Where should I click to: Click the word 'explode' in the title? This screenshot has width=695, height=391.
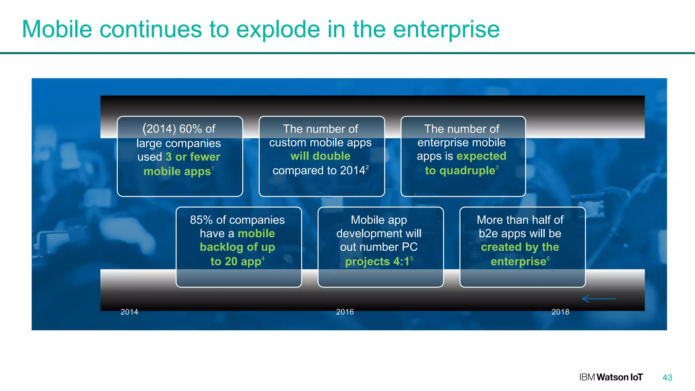tap(278, 30)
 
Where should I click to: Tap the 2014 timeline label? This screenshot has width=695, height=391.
tap(129, 312)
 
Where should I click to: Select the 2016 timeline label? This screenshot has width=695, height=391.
tap(345, 312)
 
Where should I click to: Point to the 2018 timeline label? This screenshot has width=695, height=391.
tap(560, 312)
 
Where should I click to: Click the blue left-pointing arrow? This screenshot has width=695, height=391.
tap(599, 299)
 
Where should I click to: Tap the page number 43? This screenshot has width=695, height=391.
tap(667, 377)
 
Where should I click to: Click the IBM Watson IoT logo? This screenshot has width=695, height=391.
tap(611, 377)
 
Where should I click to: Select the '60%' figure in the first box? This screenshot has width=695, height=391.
tap(190, 129)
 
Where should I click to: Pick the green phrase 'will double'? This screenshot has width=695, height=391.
tap(320, 156)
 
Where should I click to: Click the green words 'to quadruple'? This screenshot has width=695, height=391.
tap(460, 170)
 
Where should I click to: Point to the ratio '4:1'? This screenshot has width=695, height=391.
tap(401, 261)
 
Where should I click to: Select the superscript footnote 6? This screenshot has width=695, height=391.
tap(548, 259)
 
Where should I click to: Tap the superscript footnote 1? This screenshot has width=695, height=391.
tap(213, 168)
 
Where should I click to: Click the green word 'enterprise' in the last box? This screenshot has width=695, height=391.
tap(518, 261)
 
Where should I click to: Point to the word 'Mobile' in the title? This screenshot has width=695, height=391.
tap(57, 30)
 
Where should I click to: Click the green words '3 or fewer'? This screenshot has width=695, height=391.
tap(193, 157)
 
